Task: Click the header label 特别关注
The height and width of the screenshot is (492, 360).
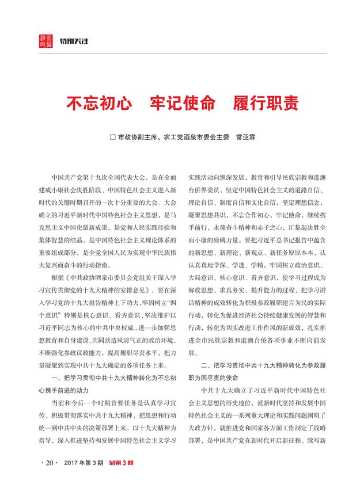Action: pos(72,42)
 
